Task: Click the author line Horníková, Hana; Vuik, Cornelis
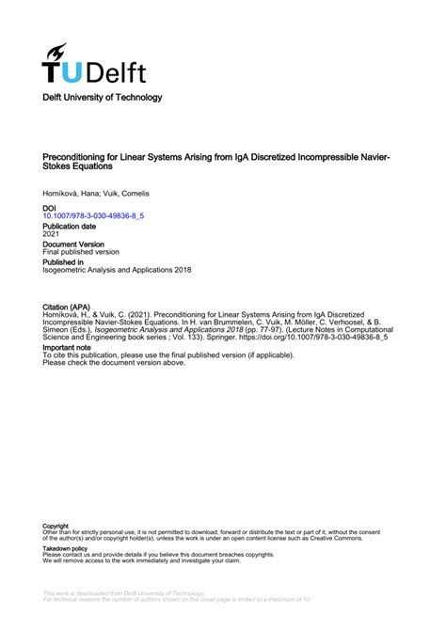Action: point(96,193)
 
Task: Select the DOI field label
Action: point(51,207)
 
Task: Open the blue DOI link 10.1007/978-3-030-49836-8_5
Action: point(94,215)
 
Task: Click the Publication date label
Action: point(69,227)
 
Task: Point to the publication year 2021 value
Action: point(52,235)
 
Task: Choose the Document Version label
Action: point(73,244)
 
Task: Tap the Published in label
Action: point(64,262)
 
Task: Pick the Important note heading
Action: point(68,347)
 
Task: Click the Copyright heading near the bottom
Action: point(56,526)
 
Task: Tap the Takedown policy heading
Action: point(65,548)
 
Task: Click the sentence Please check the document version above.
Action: point(114,362)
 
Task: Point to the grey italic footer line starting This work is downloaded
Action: point(122,593)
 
